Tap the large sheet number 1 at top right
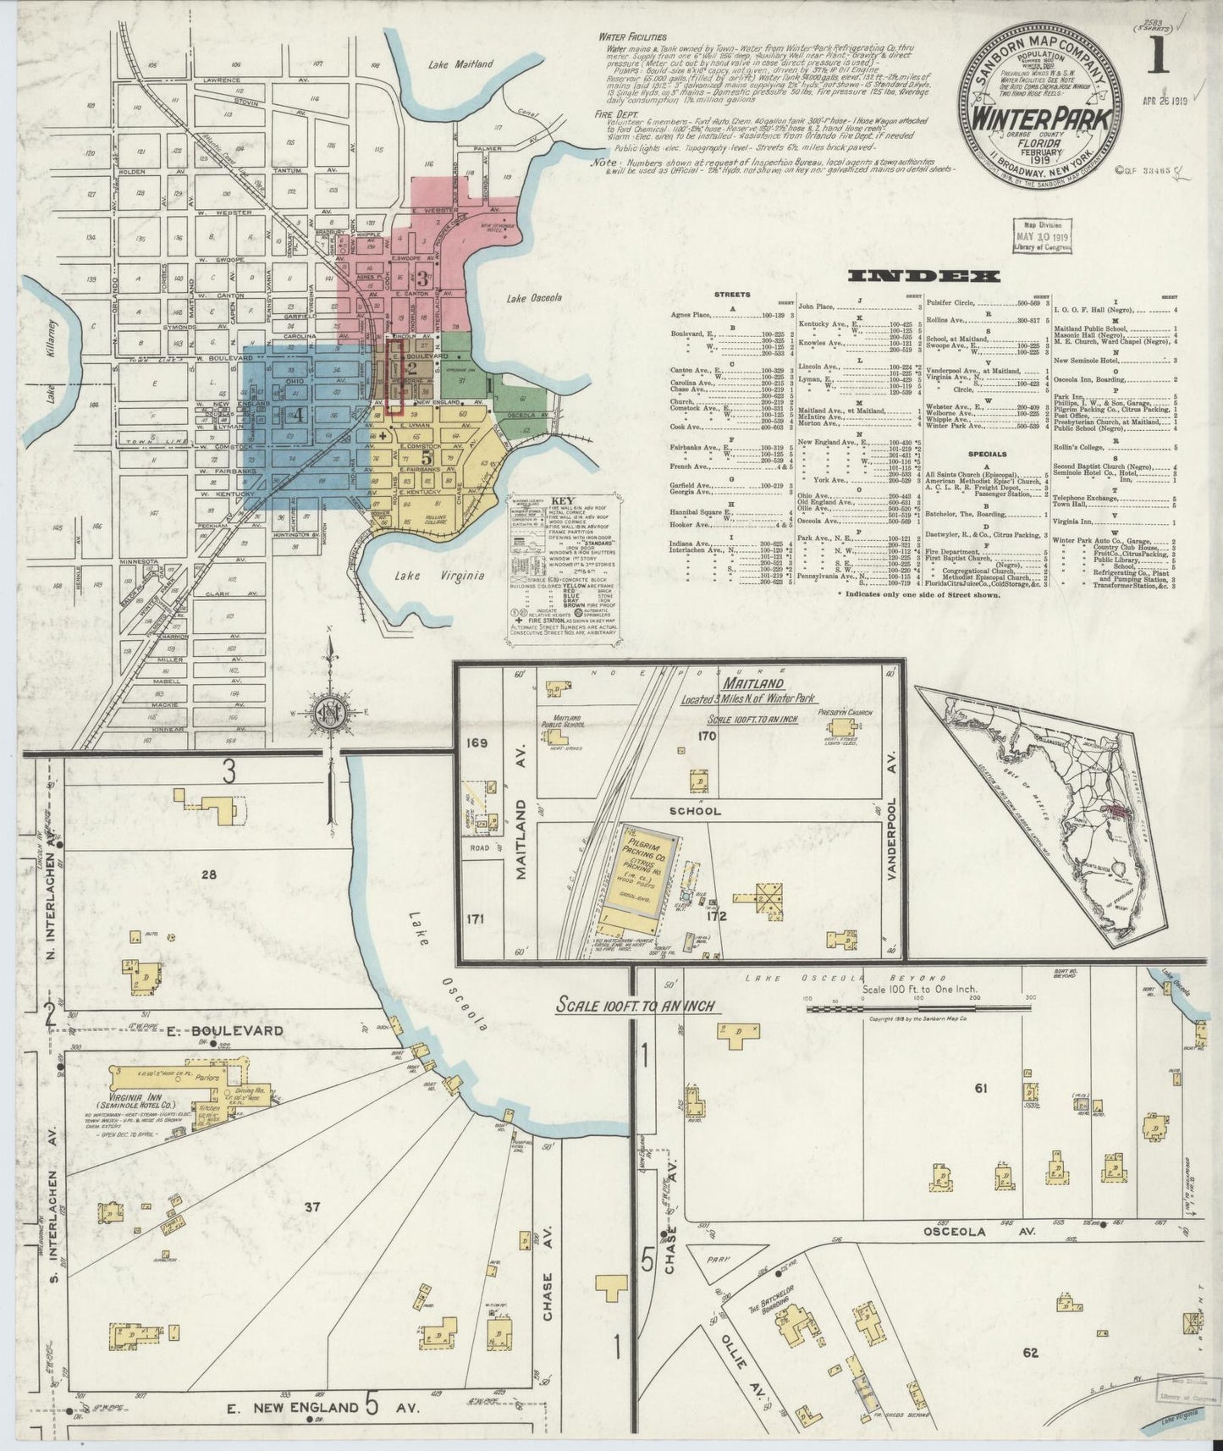[x=1155, y=62]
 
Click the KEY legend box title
[x=562, y=501]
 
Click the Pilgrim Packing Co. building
[x=638, y=876]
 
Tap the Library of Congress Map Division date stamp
[x=1039, y=235]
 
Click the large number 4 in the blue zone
[x=297, y=414]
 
